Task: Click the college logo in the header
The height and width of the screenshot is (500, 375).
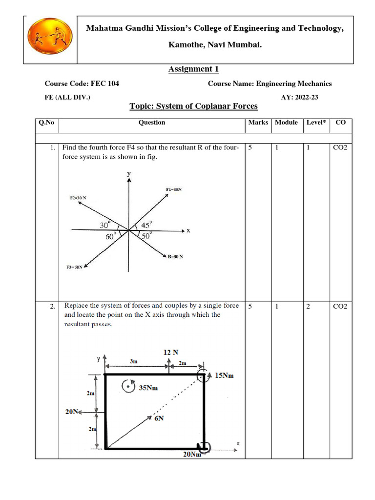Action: [50, 39]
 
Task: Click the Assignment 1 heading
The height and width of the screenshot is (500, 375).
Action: [190, 69]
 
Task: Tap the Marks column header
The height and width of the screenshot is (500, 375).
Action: [258, 123]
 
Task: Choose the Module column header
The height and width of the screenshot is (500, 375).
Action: [286, 123]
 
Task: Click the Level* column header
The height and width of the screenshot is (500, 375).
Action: [316, 123]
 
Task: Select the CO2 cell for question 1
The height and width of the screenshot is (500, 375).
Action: [340, 147]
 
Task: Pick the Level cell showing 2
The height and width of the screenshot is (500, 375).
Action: [308, 306]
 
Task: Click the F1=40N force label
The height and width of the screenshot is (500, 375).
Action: [174, 189]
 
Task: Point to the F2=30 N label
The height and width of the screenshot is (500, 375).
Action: [78, 198]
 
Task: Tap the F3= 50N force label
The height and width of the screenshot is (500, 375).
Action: [74, 267]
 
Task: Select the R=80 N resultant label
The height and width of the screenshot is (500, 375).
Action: [175, 257]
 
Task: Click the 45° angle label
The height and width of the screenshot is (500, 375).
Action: [146, 225]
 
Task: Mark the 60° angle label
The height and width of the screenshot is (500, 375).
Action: [111, 236]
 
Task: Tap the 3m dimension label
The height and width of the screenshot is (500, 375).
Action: [133, 362]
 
